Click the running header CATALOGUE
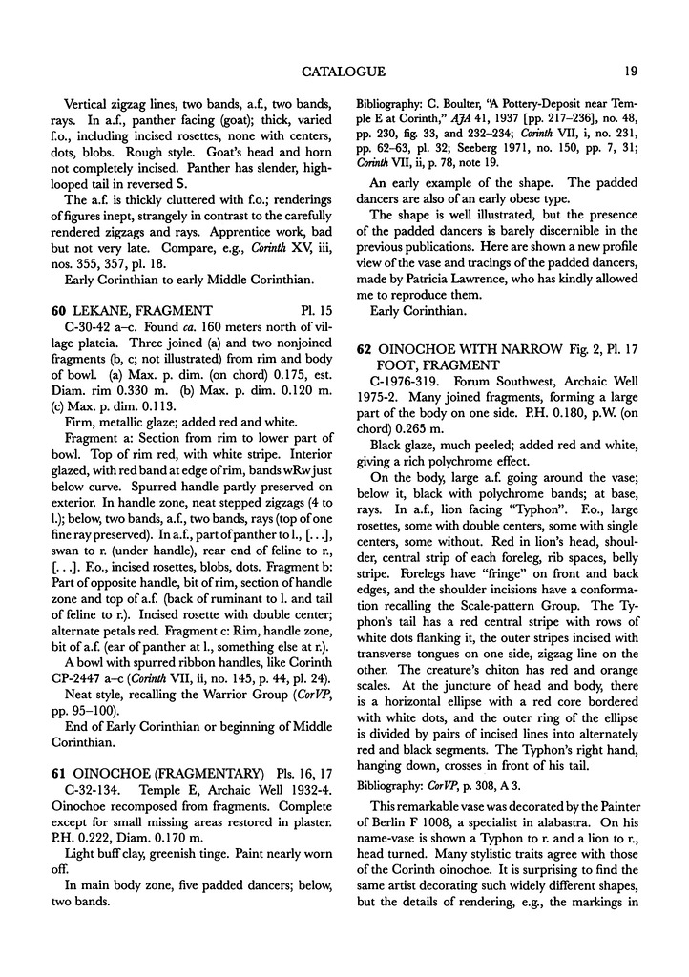[x=343, y=71]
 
